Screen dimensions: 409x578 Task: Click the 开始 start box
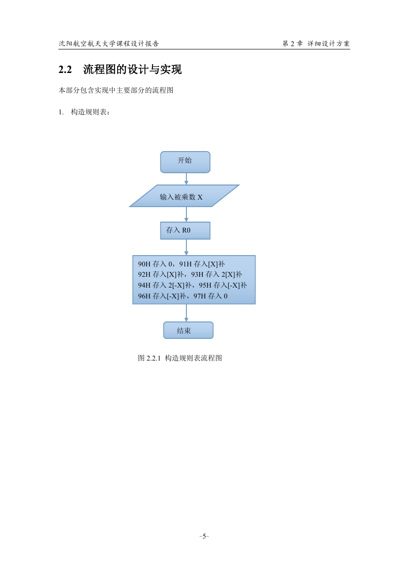185,162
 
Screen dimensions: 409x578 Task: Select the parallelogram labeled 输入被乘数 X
184,196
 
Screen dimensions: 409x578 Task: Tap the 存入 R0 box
185,231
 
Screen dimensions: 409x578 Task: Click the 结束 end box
188,330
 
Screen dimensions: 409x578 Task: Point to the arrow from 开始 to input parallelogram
186,179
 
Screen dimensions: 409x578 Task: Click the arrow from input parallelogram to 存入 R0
186,215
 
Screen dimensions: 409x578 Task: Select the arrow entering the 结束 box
186,313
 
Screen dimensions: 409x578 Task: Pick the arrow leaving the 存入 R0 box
186,248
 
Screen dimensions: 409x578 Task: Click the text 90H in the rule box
144,264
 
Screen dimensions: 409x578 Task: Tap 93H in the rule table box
197,274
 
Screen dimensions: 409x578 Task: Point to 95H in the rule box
205,285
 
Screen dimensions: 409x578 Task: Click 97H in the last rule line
200,296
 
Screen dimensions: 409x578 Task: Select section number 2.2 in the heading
65,70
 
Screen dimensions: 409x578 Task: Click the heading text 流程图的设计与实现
132,69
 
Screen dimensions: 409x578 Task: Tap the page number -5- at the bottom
204,537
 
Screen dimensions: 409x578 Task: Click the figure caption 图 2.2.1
149,358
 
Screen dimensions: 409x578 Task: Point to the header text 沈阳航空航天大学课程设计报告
109,44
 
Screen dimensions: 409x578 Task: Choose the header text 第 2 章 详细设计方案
316,44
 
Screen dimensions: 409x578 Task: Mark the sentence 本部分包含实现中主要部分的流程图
116,90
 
